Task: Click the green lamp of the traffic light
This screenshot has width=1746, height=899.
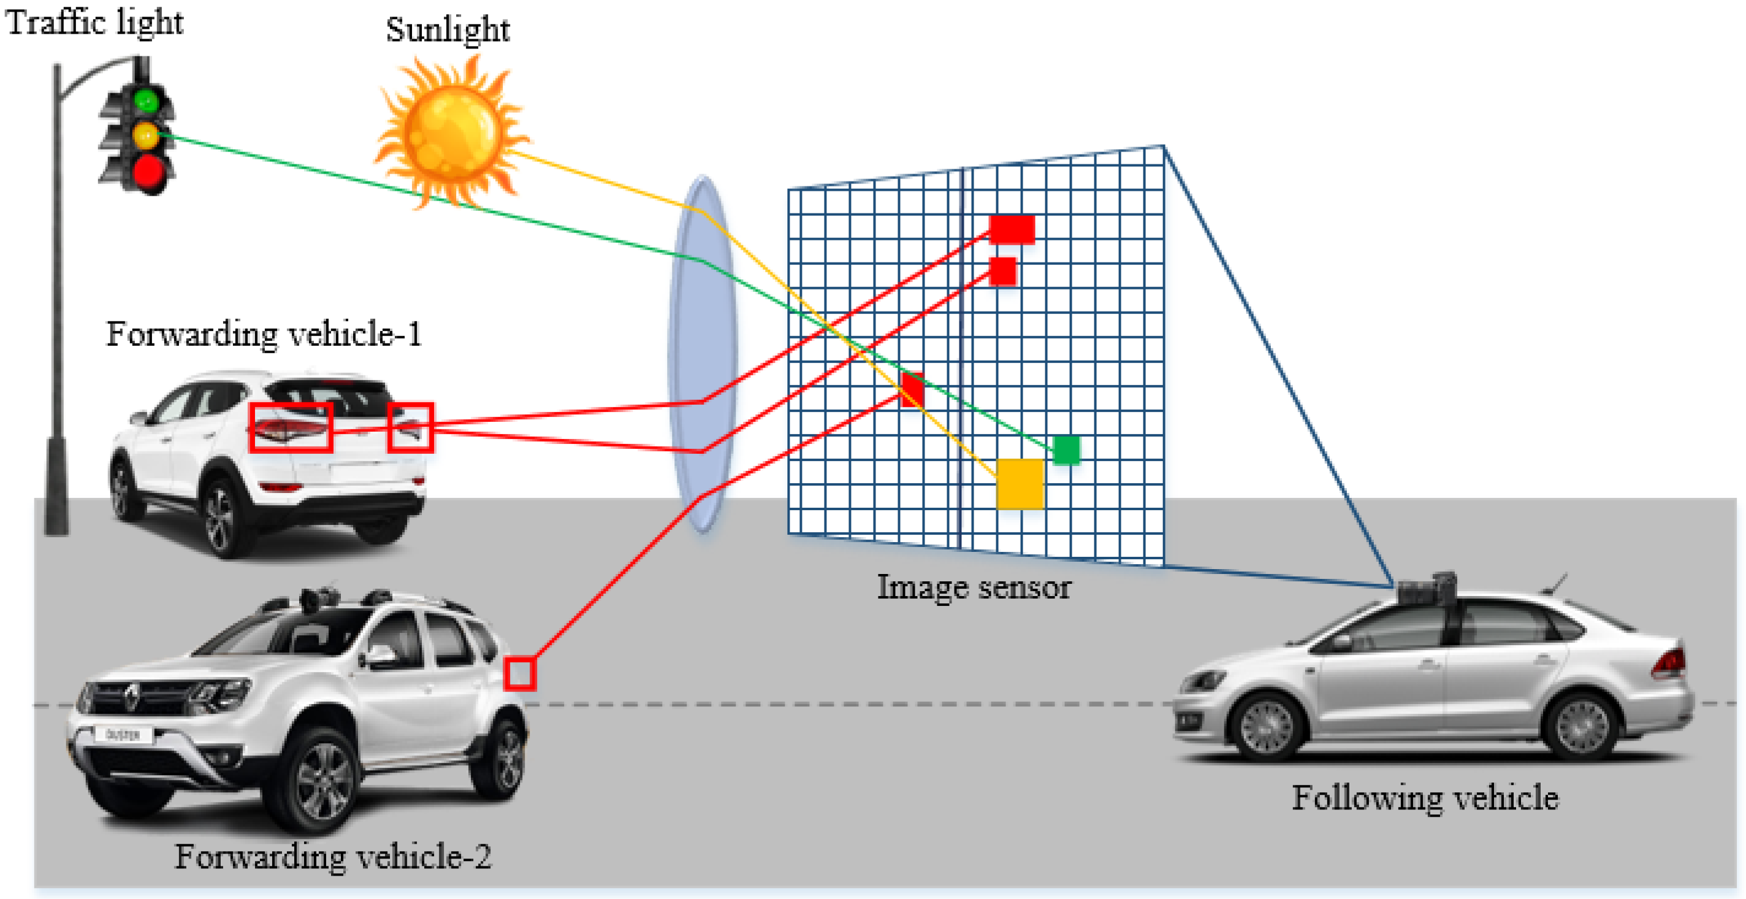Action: [146, 101]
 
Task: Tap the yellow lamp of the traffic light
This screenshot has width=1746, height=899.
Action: [146, 136]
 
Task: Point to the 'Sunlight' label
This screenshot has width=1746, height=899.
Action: [448, 29]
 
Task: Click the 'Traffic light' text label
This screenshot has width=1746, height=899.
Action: [94, 22]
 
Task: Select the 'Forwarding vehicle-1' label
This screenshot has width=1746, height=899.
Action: [264, 334]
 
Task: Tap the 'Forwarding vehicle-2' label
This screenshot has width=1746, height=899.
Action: [334, 856]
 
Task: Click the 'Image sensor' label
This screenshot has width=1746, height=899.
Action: [974, 587]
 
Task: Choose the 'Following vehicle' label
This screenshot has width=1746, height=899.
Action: [1425, 797]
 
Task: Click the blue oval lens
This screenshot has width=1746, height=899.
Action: [703, 354]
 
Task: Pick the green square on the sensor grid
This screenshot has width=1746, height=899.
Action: [1066, 450]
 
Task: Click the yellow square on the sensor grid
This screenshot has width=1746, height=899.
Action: [1020, 484]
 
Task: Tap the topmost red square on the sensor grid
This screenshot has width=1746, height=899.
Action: [1012, 229]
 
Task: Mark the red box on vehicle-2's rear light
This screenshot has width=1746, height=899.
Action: [520, 673]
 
